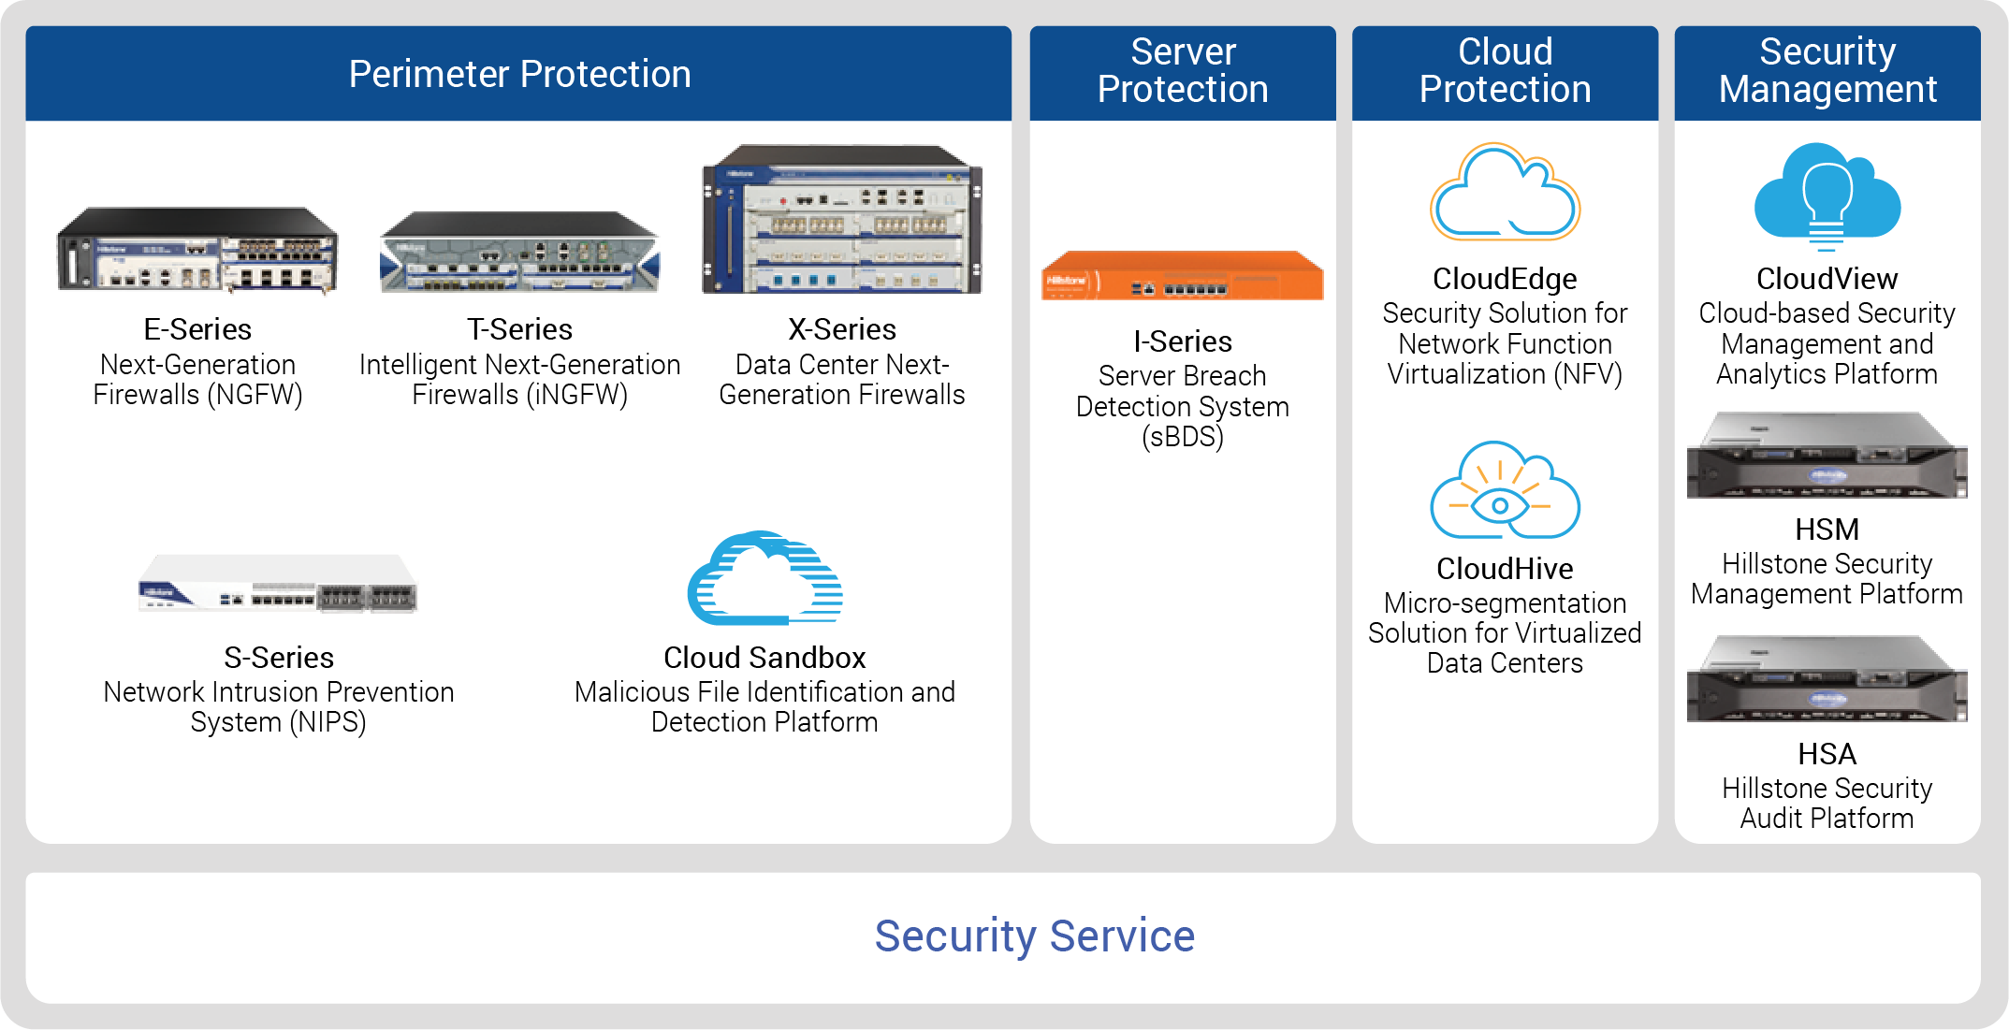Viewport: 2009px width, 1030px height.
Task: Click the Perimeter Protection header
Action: [x=519, y=74]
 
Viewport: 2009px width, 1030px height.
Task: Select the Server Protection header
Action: [x=1183, y=71]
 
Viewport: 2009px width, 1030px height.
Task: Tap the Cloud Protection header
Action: [x=1505, y=71]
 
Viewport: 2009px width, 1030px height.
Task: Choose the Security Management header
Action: [x=1827, y=71]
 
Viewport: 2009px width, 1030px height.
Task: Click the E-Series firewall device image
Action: [x=197, y=250]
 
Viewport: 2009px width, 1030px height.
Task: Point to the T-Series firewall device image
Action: [x=519, y=252]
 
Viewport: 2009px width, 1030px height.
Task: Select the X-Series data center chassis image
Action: [x=842, y=219]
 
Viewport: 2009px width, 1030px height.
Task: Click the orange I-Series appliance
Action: [x=1183, y=275]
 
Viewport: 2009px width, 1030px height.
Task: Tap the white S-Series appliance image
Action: [x=278, y=583]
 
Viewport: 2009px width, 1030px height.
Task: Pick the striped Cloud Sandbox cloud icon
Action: [x=764, y=578]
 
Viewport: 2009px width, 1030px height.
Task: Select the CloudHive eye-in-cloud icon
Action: [x=1505, y=490]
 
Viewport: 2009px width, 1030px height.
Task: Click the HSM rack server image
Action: [x=1827, y=456]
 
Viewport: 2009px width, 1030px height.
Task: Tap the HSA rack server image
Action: [x=1827, y=679]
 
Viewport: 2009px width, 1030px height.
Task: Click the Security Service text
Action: [x=1035, y=936]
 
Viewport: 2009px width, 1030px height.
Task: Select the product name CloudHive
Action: [x=1505, y=569]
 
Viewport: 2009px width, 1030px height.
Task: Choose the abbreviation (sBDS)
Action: [x=1183, y=437]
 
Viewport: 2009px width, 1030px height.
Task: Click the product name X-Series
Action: [x=842, y=329]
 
